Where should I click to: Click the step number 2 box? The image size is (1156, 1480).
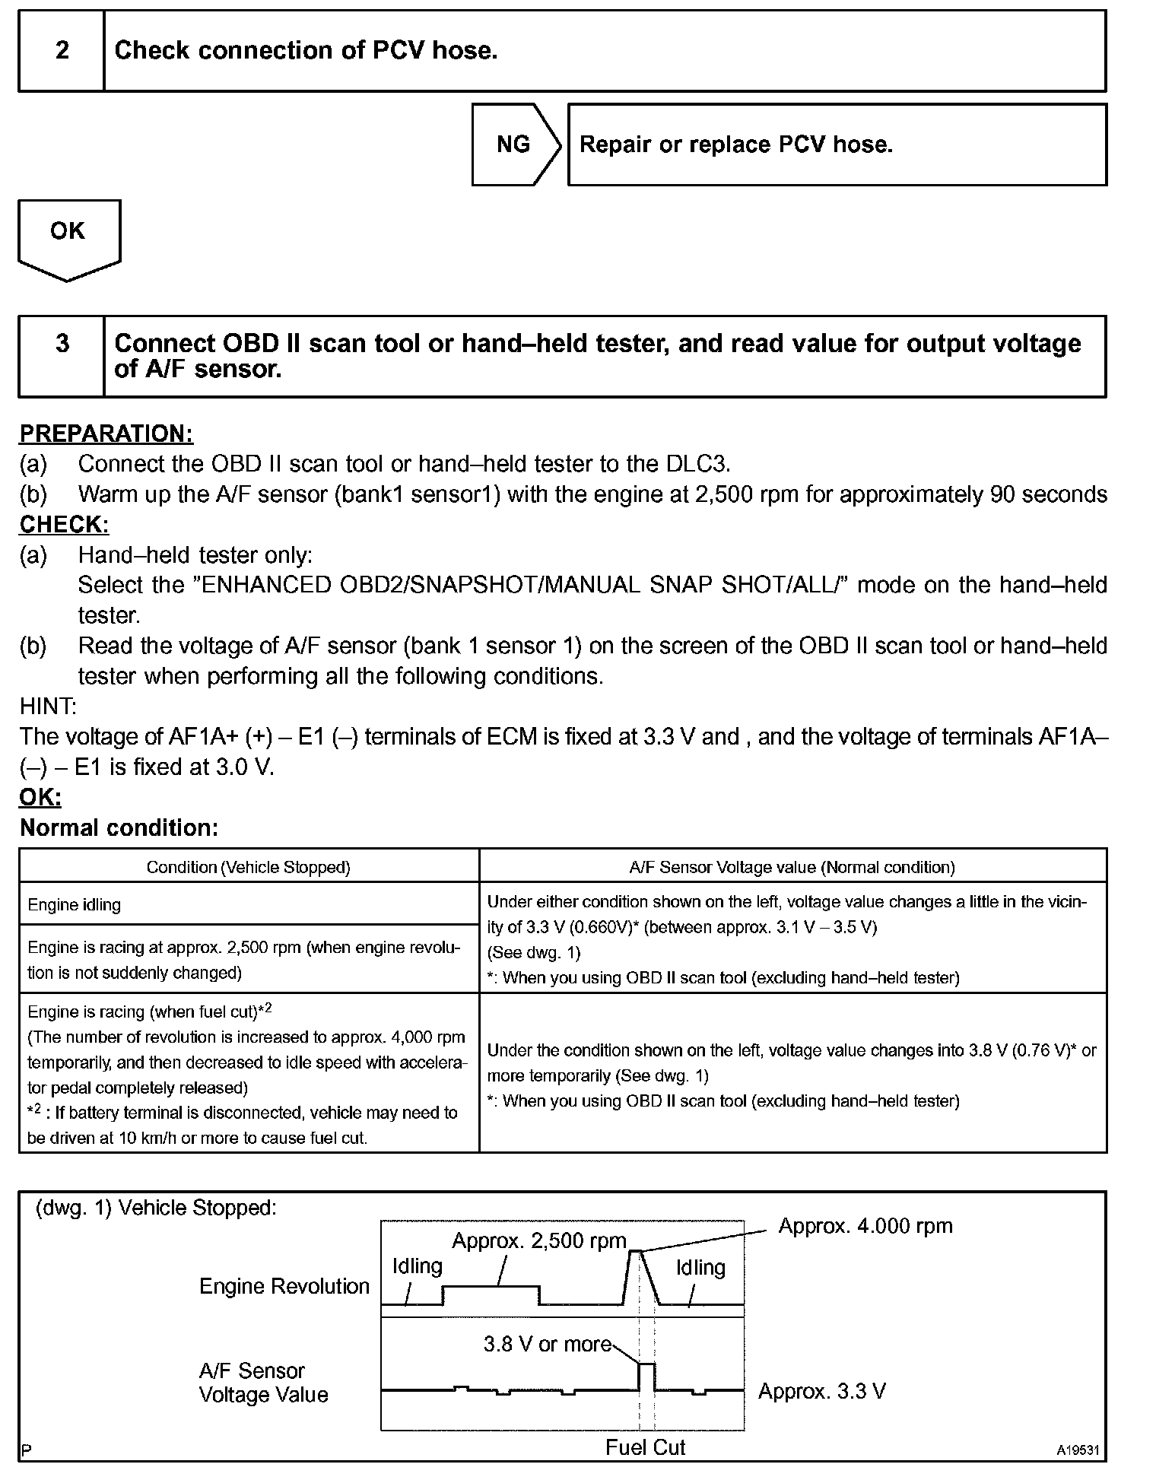tap(62, 51)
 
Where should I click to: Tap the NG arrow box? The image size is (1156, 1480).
tap(515, 145)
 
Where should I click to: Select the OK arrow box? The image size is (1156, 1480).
tap(68, 232)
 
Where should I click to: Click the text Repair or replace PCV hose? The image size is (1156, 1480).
tap(735, 145)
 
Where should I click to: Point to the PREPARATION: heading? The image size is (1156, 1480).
tap(106, 434)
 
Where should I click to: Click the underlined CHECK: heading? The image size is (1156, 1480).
tap(65, 524)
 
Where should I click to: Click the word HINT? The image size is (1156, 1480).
tap(48, 707)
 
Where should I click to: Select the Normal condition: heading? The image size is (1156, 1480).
tap(119, 827)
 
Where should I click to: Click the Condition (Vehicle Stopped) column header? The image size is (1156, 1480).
tap(249, 867)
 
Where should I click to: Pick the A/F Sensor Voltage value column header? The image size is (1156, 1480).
tap(792, 867)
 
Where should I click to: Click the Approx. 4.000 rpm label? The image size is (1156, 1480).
tap(865, 1226)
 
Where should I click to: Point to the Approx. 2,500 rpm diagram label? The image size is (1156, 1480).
tap(538, 1241)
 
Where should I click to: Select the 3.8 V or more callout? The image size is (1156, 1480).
tap(548, 1344)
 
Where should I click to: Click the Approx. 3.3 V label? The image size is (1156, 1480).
tap(821, 1391)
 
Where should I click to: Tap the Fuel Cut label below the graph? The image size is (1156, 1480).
tap(645, 1447)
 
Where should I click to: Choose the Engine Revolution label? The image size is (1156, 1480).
tap(284, 1286)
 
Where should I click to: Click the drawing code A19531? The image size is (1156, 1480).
tap(1077, 1450)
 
